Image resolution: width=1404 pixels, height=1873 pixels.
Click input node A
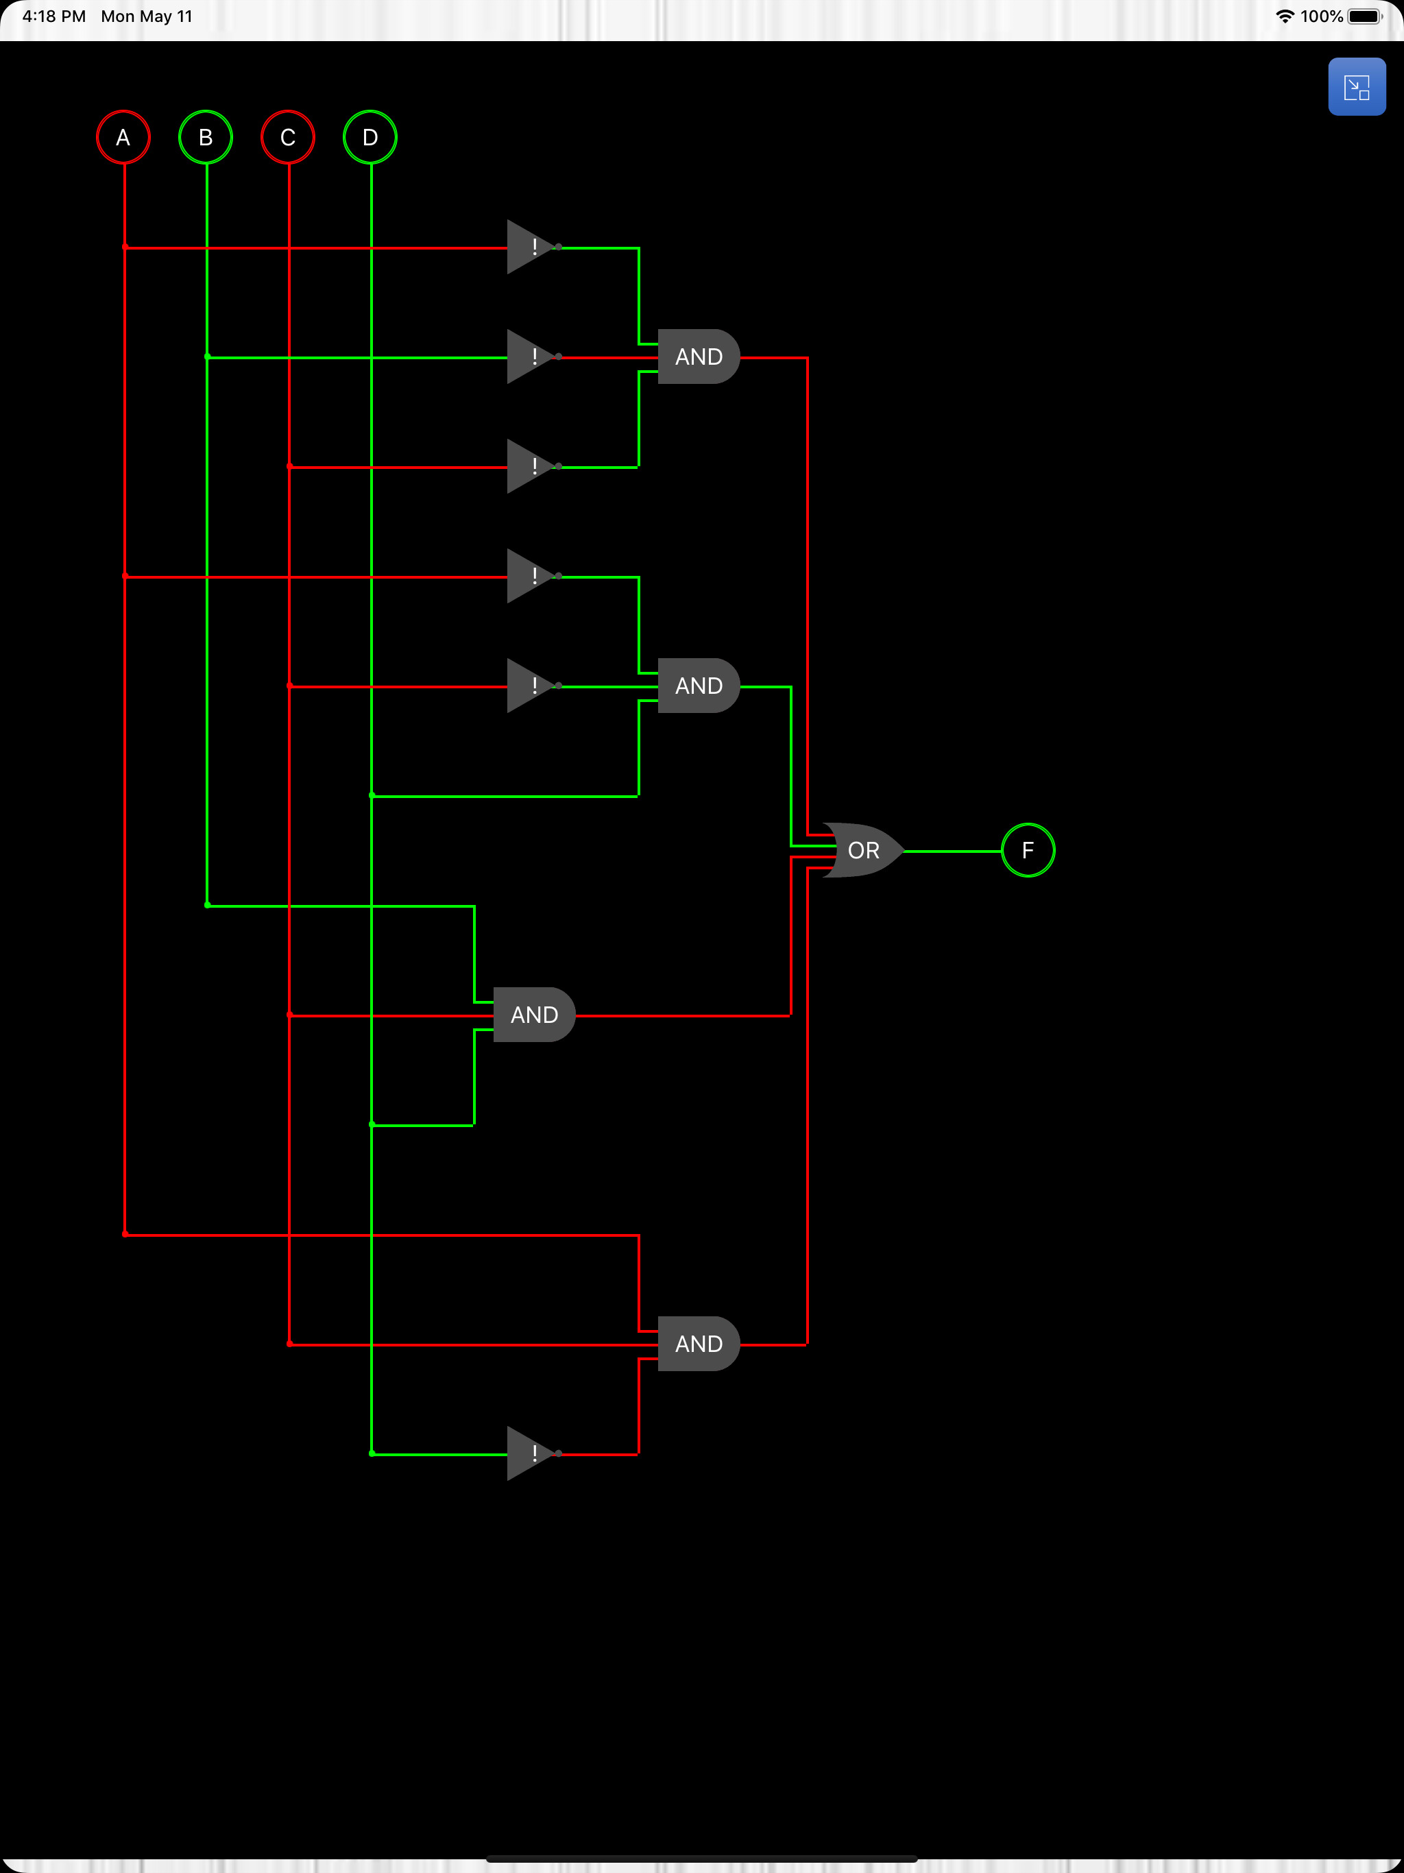pos(123,137)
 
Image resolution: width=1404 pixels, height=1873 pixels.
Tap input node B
pos(206,137)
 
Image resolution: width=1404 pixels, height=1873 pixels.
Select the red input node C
pos(288,137)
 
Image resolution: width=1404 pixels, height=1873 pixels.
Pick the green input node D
pos(370,137)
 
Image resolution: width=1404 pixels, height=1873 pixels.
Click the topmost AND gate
pos(698,357)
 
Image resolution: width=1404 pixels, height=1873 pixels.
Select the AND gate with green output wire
pos(698,686)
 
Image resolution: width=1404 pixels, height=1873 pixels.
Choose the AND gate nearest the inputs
pos(533,1015)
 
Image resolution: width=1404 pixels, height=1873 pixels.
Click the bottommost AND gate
pos(698,1344)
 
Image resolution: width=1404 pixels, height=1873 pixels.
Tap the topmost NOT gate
pos(531,247)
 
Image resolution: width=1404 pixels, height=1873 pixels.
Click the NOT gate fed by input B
pos(531,357)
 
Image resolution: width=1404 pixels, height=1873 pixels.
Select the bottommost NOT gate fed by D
pos(531,1453)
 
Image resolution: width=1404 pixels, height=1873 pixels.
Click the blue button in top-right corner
pos(1357,87)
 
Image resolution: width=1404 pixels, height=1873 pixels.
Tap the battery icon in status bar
pos(1364,16)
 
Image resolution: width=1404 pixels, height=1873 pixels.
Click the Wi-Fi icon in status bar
pos(1285,16)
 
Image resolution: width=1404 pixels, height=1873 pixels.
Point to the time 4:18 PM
pos(54,16)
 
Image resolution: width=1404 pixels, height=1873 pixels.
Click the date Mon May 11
pos(147,16)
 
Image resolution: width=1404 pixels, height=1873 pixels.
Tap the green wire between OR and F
pos(953,851)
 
